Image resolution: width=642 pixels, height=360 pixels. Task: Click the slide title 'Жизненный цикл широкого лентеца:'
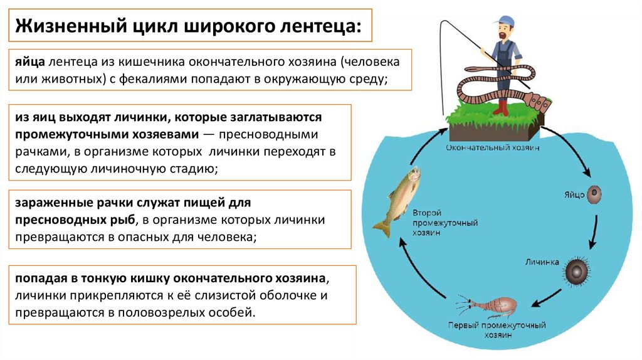click(188, 26)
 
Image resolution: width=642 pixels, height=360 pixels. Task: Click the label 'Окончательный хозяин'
click(492, 148)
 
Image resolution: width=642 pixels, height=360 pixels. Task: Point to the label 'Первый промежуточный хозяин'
click(497, 331)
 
